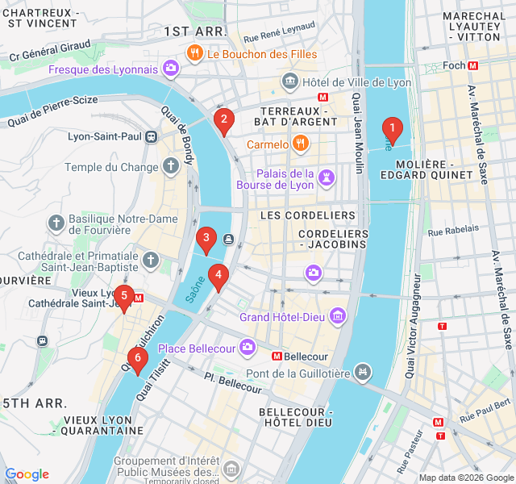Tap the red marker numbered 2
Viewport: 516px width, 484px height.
(224, 121)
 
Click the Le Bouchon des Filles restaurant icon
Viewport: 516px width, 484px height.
(194, 54)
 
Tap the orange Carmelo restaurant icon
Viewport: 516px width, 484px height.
(300, 144)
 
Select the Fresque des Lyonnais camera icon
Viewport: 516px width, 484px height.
(170, 69)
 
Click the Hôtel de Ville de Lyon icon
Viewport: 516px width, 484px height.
(289, 81)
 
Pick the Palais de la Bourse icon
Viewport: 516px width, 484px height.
(327, 177)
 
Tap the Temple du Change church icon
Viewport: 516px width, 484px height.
(170, 167)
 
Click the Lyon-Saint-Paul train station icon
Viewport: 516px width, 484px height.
(152, 137)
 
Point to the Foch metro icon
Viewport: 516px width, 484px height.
(473, 65)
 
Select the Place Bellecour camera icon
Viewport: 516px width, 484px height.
(247, 348)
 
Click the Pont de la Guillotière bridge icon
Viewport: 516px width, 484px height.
(364, 372)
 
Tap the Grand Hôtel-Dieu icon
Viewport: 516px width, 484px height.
(338, 316)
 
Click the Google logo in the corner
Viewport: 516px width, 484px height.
(27, 474)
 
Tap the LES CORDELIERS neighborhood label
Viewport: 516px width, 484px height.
(307, 216)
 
